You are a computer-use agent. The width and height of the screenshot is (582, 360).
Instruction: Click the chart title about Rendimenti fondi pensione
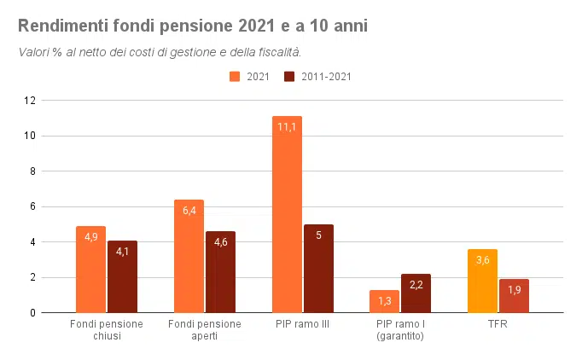point(192,26)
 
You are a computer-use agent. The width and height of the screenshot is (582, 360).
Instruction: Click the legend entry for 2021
point(250,77)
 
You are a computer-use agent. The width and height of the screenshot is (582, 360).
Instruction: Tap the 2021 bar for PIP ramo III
point(287,214)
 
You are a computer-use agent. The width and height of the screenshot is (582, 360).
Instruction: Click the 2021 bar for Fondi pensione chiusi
point(90,270)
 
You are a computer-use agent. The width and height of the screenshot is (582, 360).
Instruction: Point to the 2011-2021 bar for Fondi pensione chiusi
point(122,276)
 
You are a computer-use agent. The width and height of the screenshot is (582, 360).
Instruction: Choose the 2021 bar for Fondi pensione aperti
point(189,256)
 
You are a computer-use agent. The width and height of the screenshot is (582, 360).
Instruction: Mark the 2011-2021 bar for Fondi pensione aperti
point(220,272)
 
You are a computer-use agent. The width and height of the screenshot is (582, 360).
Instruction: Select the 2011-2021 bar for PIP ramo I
point(416,293)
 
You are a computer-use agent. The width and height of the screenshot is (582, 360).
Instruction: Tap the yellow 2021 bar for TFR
point(482,281)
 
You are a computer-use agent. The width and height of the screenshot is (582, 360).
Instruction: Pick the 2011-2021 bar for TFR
point(514,296)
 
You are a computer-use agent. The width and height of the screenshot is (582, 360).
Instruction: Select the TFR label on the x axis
point(498,324)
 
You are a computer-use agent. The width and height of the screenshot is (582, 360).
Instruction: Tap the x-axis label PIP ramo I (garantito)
point(400,330)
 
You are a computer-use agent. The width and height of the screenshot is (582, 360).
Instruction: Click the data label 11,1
point(287,127)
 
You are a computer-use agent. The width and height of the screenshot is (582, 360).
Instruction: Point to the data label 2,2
point(416,285)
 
